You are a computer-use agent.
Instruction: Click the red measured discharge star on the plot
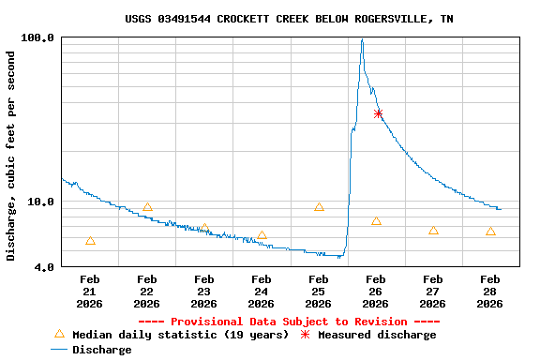[x=378, y=113]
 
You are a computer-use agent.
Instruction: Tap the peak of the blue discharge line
[x=362, y=40]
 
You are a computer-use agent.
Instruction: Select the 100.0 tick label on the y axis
[x=37, y=37]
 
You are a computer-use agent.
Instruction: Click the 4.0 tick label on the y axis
[x=43, y=267]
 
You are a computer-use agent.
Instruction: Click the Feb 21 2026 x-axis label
[x=90, y=291]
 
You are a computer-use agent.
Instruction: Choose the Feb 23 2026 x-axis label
[x=203, y=291]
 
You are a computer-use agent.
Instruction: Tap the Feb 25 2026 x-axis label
[x=318, y=291]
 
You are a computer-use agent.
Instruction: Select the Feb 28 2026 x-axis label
[x=489, y=291]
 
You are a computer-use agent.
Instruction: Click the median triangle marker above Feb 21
[x=90, y=241]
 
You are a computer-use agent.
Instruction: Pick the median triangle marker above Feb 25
[x=319, y=207]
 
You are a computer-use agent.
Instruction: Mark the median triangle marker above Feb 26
[x=376, y=221]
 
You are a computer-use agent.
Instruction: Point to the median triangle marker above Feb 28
[x=490, y=232]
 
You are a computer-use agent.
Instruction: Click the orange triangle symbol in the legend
[x=59, y=334]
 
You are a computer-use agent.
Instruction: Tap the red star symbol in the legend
[x=305, y=334]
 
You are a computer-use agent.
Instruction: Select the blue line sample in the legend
[x=59, y=350]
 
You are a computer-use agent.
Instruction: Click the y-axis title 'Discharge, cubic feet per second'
[x=11, y=157]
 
